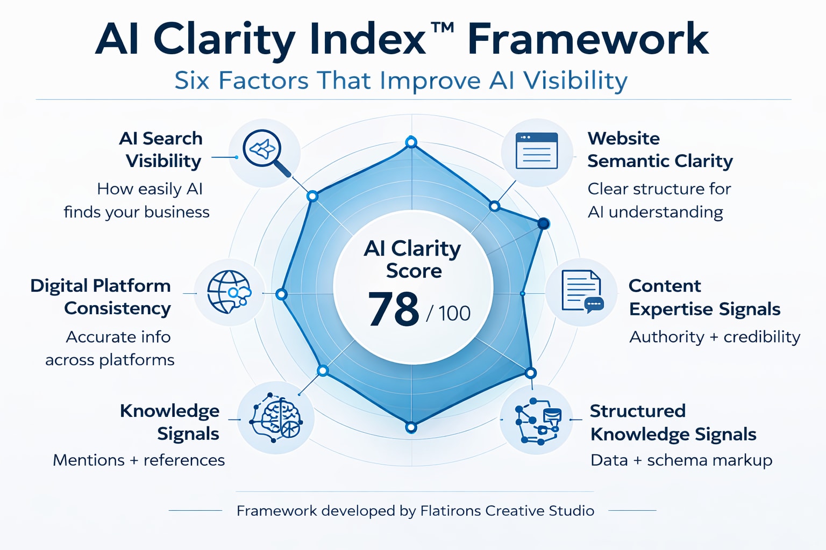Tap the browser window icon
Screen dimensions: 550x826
pos(536,151)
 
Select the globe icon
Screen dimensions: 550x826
pos(229,292)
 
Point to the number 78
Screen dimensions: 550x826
pos(393,309)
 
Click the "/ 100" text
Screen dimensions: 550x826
pos(448,313)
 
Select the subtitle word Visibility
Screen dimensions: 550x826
pos(575,81)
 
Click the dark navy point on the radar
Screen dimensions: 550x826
pos(544,223)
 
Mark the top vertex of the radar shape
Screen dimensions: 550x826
pos(411,142)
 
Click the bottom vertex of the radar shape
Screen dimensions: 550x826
pos(411,428)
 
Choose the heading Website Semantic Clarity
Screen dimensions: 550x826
pos(660,149)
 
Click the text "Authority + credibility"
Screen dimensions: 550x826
pos(715,337)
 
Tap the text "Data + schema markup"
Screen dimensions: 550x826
pos(681,460)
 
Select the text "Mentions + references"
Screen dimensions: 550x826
pos(139,460)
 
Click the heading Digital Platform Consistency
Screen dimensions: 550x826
pos(101,296)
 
